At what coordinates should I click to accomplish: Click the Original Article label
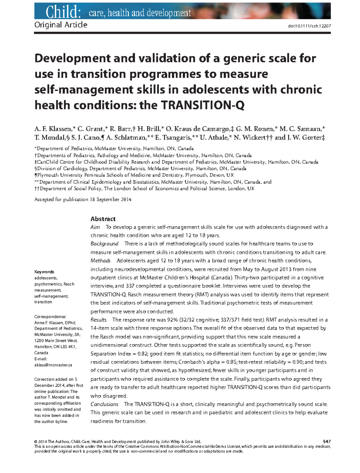click(x=61, y=25)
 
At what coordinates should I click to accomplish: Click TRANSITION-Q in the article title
click(x=203, y=105)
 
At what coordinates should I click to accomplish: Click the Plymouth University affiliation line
click(x=134, y=175)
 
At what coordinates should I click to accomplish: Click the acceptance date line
click(x=83, y=199)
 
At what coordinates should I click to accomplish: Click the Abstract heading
click(x=103, y=219)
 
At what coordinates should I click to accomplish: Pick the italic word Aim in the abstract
click(x=95, y=227)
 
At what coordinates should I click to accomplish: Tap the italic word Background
click(x=104, y=244)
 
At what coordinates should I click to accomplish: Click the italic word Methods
click(x=100, y=261)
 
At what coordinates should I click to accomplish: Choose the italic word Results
click(x=98, y=320)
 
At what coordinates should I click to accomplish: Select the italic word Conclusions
click(x=104, y=404)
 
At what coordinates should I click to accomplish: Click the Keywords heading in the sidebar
click(x=44, y=272)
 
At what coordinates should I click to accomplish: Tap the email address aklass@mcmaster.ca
click(x=53, y=365)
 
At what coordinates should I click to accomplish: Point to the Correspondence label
click(x=50, y=317)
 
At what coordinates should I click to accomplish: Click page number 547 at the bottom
click(x=327, y=442)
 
